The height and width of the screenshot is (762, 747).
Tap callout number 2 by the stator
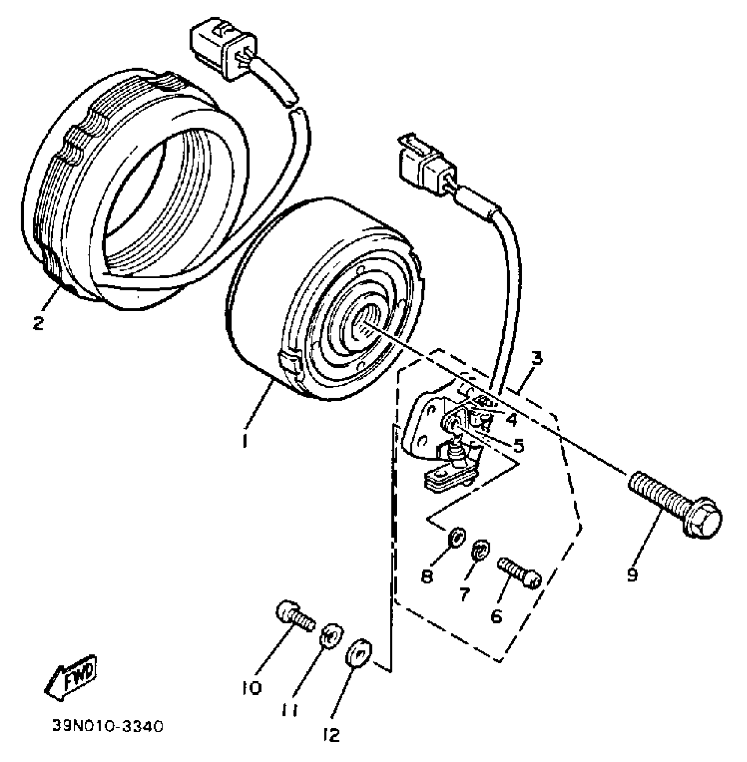coord(39,323)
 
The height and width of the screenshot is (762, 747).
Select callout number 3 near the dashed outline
coord(537,359)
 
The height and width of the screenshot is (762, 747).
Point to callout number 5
coord(519,446)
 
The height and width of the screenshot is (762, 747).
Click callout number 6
coord(496,616)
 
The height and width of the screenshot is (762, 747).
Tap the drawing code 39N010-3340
coord(108,726)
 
